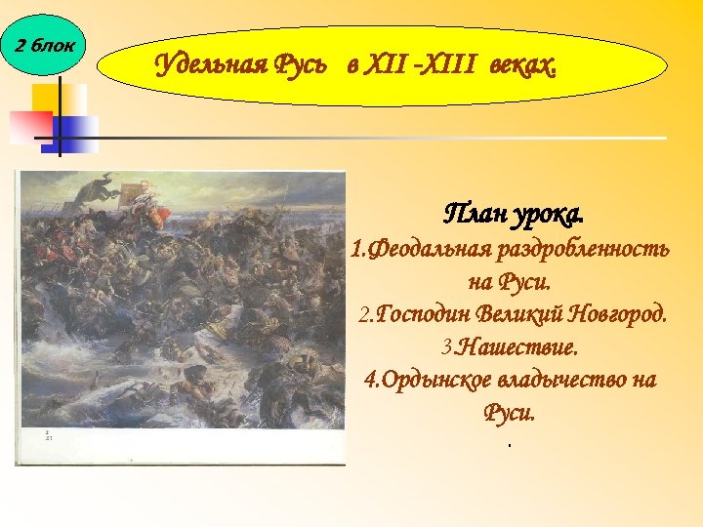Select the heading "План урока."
point(515,213)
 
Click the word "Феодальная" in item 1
point(430,249)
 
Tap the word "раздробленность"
point(583,249)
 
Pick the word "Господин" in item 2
point(426,314)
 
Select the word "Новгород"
point(622,314)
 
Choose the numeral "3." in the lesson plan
point(447,346)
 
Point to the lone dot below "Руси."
point(509,446)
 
